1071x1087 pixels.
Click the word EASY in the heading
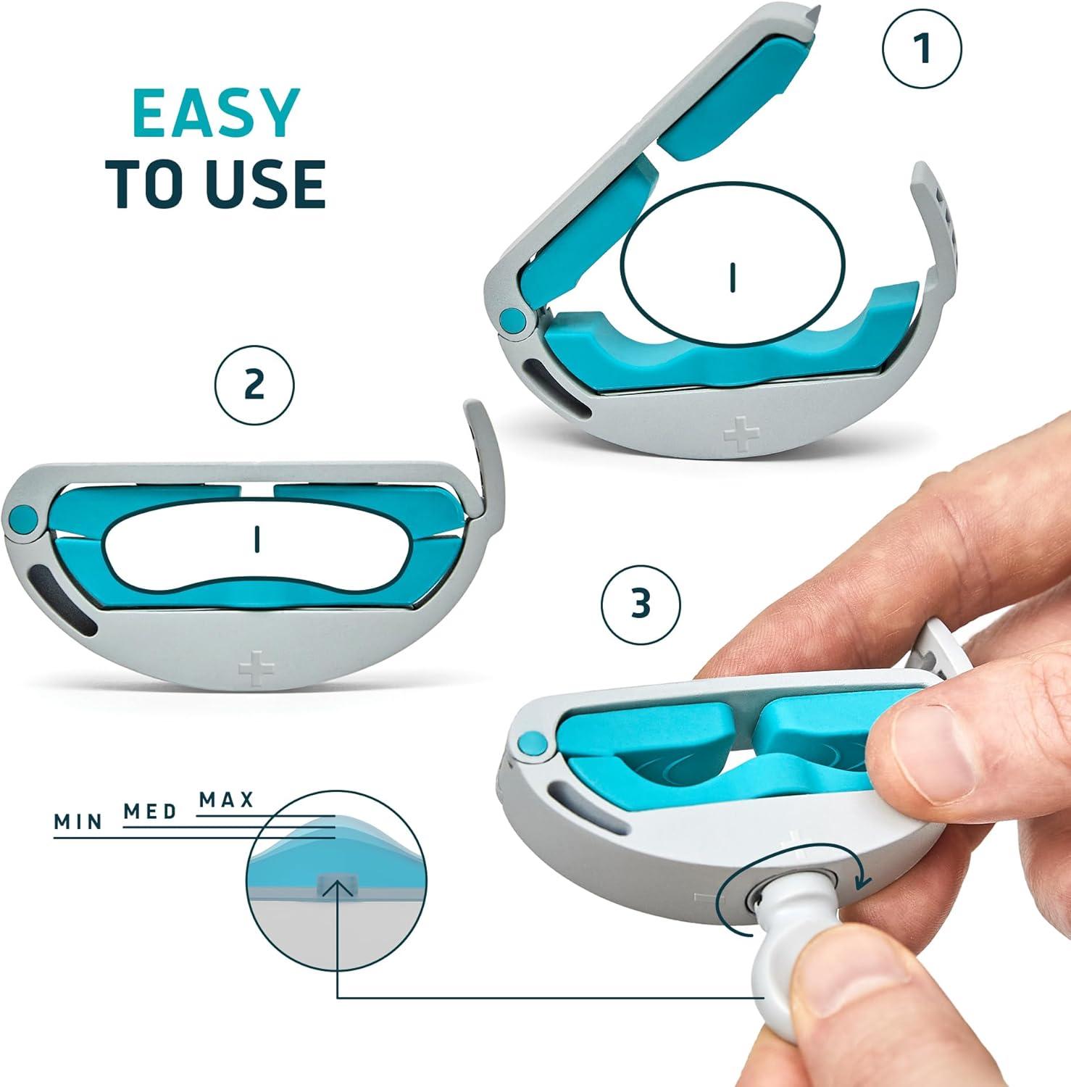[216, 114]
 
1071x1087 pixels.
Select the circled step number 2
[254, 385]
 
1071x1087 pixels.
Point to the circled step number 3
[641, 604]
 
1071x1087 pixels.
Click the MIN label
[78, 821]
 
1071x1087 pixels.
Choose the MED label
[150, 811]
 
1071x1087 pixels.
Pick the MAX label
[227, 800]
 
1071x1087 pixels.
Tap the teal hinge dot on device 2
[23, 517]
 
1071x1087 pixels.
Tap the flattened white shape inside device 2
[257, 540]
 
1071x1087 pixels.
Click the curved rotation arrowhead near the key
[862, 881]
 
